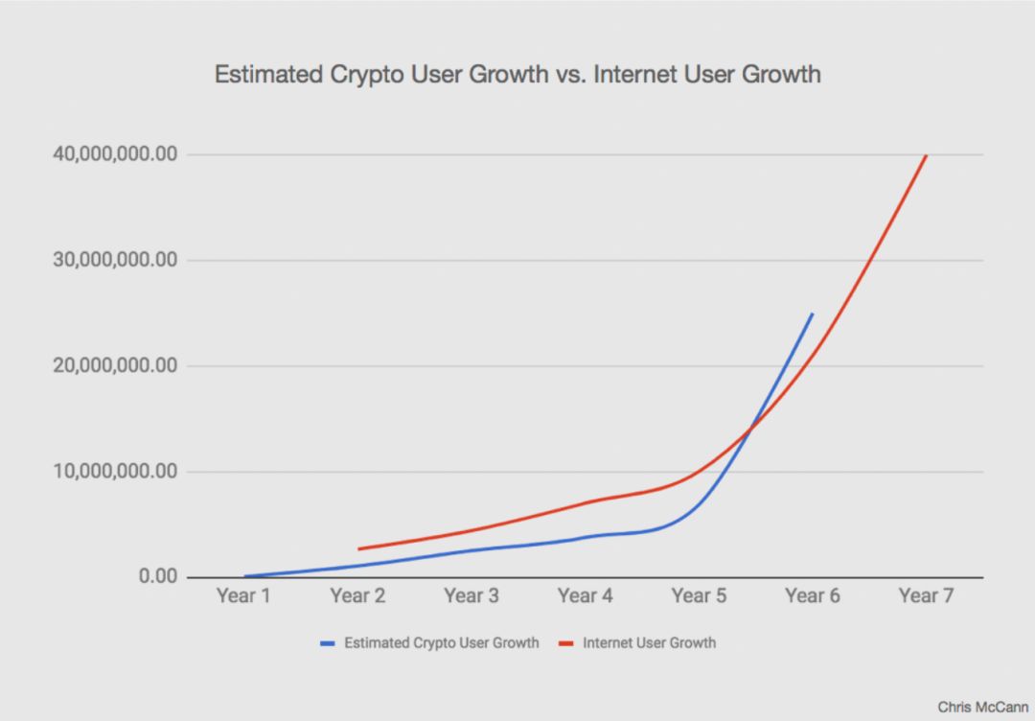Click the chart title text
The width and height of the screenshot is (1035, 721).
517,75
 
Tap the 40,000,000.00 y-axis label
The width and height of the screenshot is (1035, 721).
114,154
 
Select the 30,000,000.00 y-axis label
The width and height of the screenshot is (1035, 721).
114,260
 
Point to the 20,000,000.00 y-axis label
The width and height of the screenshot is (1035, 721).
114,365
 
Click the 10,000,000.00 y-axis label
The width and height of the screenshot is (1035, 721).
114,471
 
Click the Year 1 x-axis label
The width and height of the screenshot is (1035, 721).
243,596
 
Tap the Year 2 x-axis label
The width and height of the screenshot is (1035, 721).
357,596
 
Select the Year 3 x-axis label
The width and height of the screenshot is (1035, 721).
471,596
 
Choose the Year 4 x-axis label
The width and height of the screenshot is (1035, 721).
585,596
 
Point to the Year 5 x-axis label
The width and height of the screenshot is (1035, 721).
699,596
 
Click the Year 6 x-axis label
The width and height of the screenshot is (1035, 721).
813,596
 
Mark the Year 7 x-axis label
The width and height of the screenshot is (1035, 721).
926,596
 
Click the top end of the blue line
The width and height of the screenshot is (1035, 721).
813,314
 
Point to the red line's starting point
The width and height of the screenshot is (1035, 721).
358,548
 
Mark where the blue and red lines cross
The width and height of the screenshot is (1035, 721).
749,430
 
